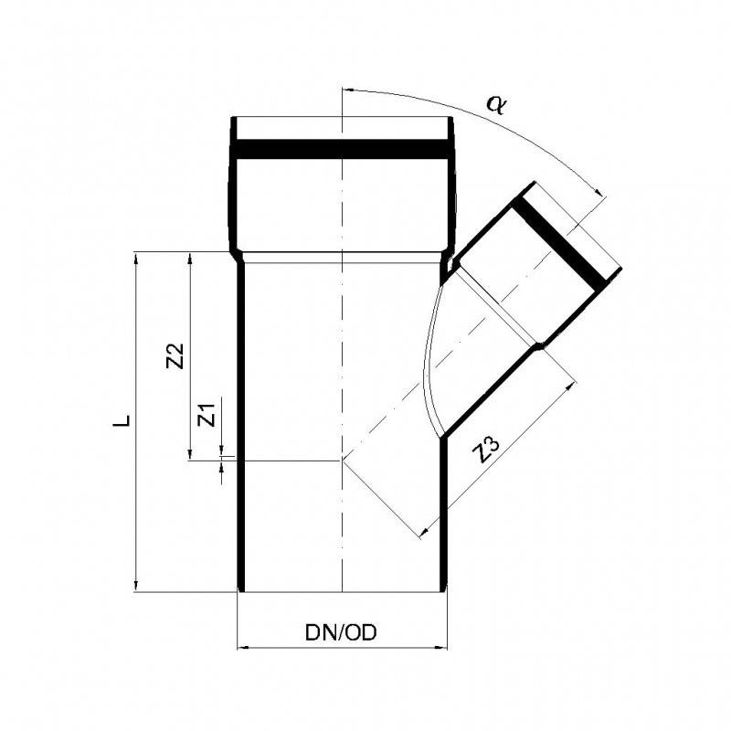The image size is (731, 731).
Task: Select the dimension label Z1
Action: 207,415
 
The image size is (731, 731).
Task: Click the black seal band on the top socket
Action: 343,149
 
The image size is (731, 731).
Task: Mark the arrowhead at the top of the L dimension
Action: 136,257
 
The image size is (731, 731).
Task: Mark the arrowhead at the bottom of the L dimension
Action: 136,586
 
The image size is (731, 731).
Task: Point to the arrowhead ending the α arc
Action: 599,193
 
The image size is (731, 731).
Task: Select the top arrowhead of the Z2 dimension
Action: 189,257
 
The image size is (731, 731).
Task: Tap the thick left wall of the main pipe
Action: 241,420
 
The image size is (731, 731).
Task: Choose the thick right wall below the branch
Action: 445,512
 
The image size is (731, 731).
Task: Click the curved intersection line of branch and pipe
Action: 427,356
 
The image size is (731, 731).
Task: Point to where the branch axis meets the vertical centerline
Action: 342,460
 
